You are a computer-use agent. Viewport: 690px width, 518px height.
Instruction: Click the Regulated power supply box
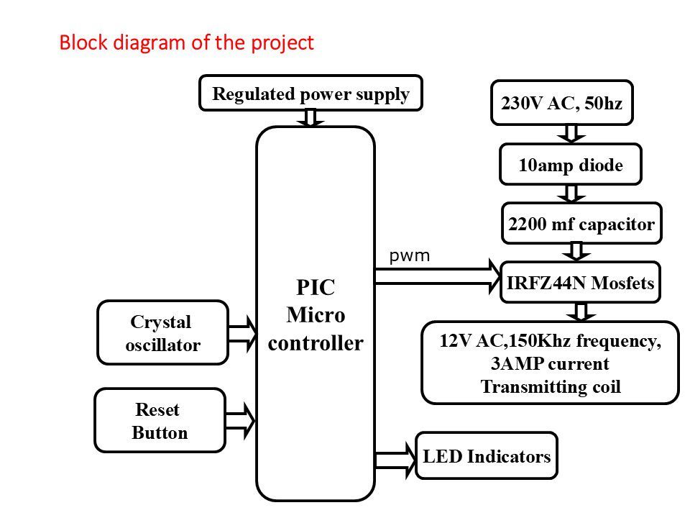[x=310, y=94]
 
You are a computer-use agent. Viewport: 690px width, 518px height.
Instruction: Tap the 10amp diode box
[x=570, y=165]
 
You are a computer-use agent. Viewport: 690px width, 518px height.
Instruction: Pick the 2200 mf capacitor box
[x=581, y=224]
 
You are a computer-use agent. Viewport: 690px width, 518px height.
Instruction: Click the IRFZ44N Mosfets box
[x=579, y=283]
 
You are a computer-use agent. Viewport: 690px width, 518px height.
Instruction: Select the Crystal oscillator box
[x=162, y=332]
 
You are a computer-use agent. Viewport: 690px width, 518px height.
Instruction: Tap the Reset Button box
[x=160, y=421]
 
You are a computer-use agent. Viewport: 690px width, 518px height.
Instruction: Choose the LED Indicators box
[x=487, y=456]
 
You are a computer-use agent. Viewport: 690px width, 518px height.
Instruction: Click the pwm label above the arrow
[x=409, y=255]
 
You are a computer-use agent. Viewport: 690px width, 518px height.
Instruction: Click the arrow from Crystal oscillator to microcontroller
[x=242, y=332]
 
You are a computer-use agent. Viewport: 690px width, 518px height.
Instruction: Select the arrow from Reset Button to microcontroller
[x=241, y=421]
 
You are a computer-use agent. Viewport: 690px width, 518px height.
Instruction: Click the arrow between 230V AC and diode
[x=571, y=133]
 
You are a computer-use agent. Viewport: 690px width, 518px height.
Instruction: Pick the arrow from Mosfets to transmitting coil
[x=581, y=312]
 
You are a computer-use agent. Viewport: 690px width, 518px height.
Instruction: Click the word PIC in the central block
[x=316, y=288]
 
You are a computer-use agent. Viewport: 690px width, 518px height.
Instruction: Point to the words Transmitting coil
[x=550, y=386]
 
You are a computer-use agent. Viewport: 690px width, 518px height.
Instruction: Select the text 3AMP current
[x=550, y=363]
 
